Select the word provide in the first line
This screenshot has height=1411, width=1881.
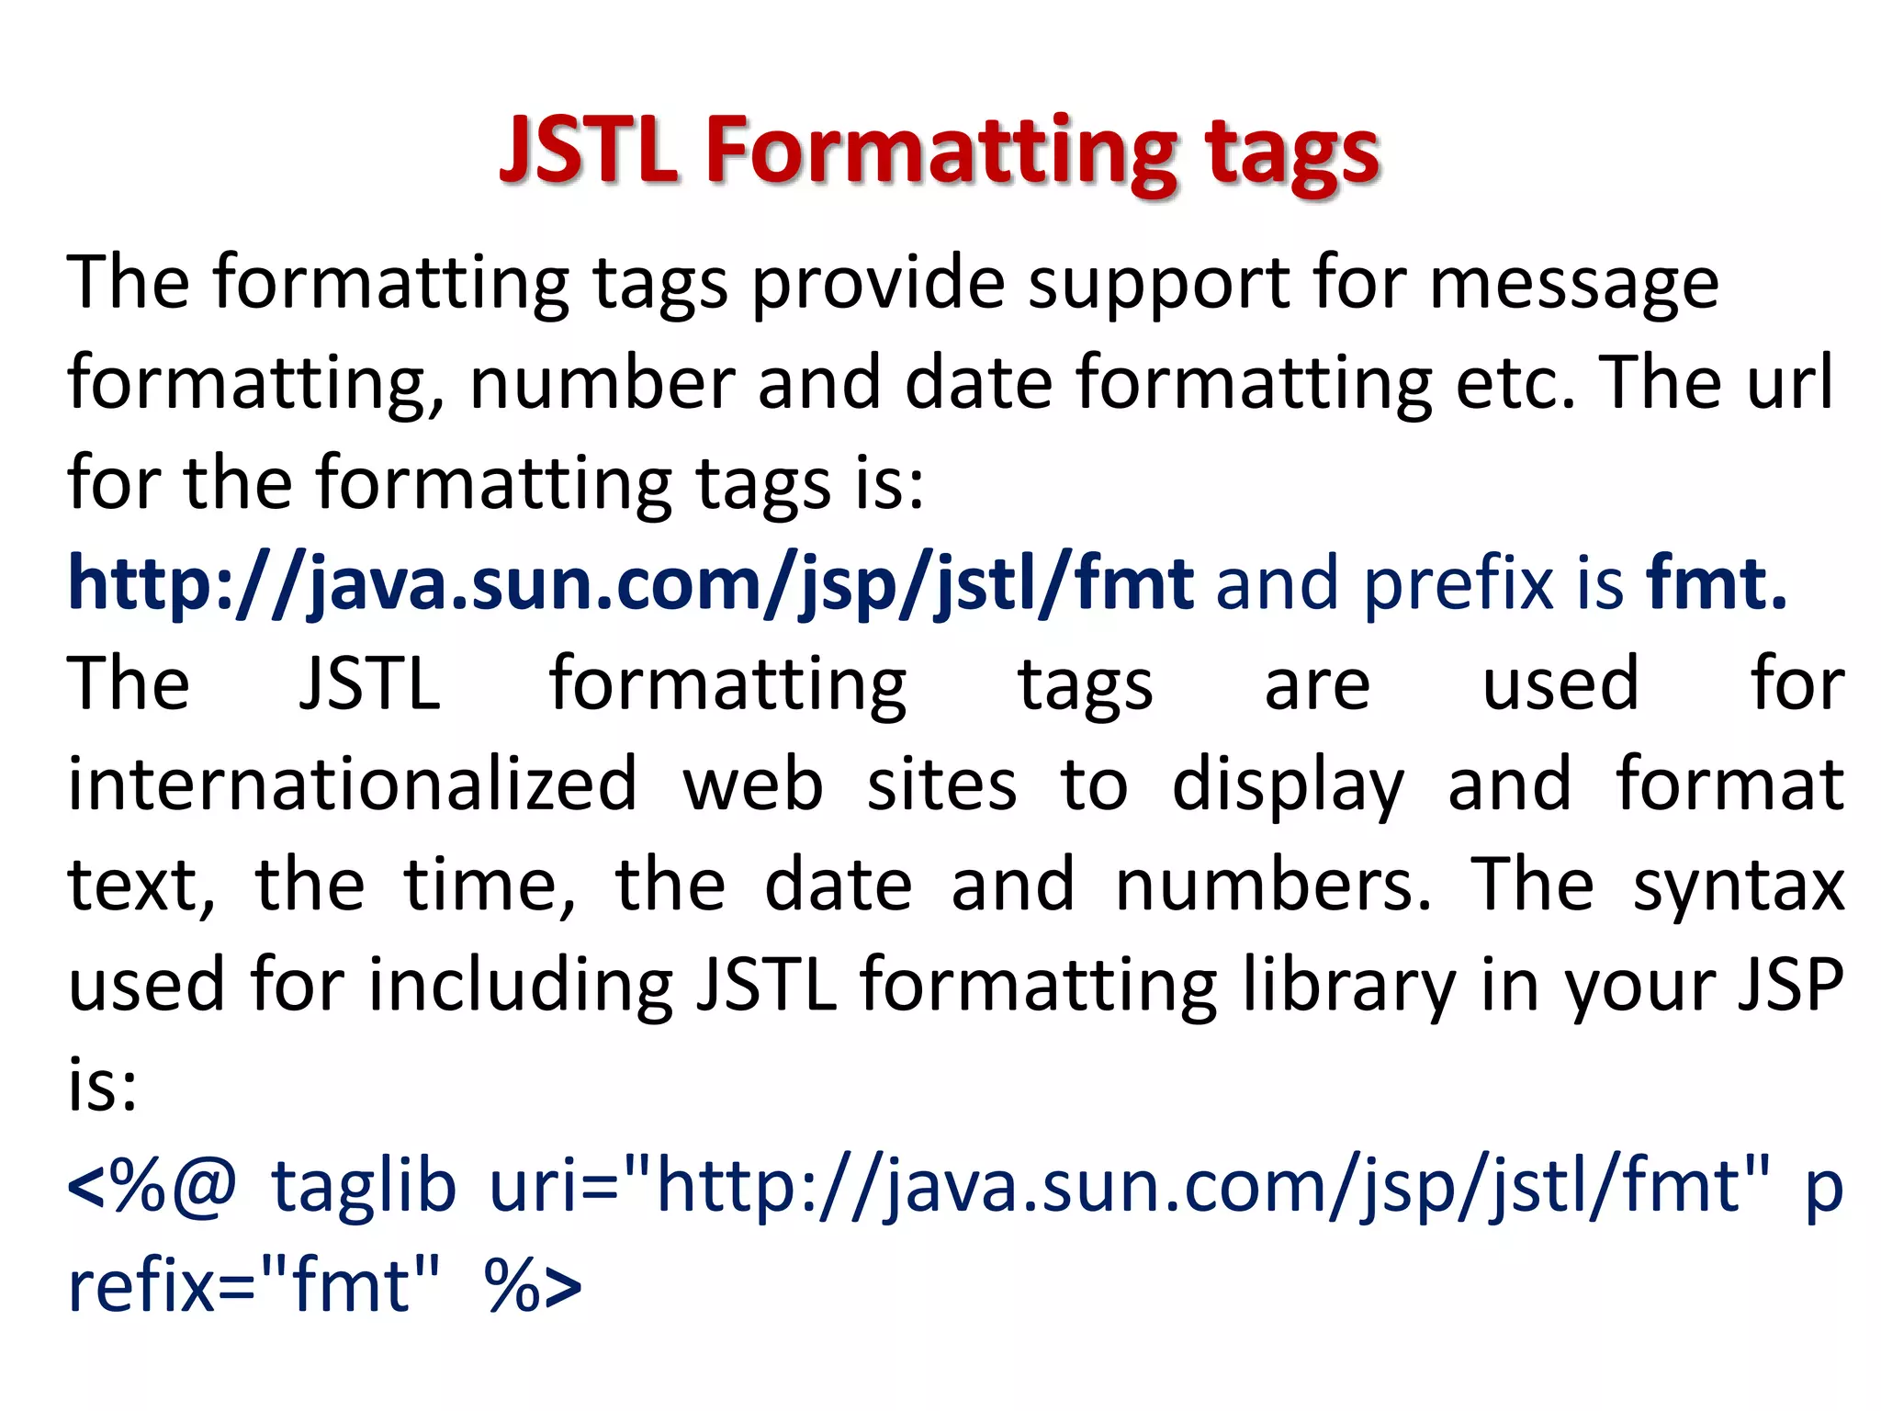tap(878, 284)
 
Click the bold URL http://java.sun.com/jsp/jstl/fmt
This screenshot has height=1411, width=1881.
tap(631, 584)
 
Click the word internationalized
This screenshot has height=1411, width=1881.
tap(352, 785)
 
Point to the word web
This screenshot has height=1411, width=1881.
tap(752, 785)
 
